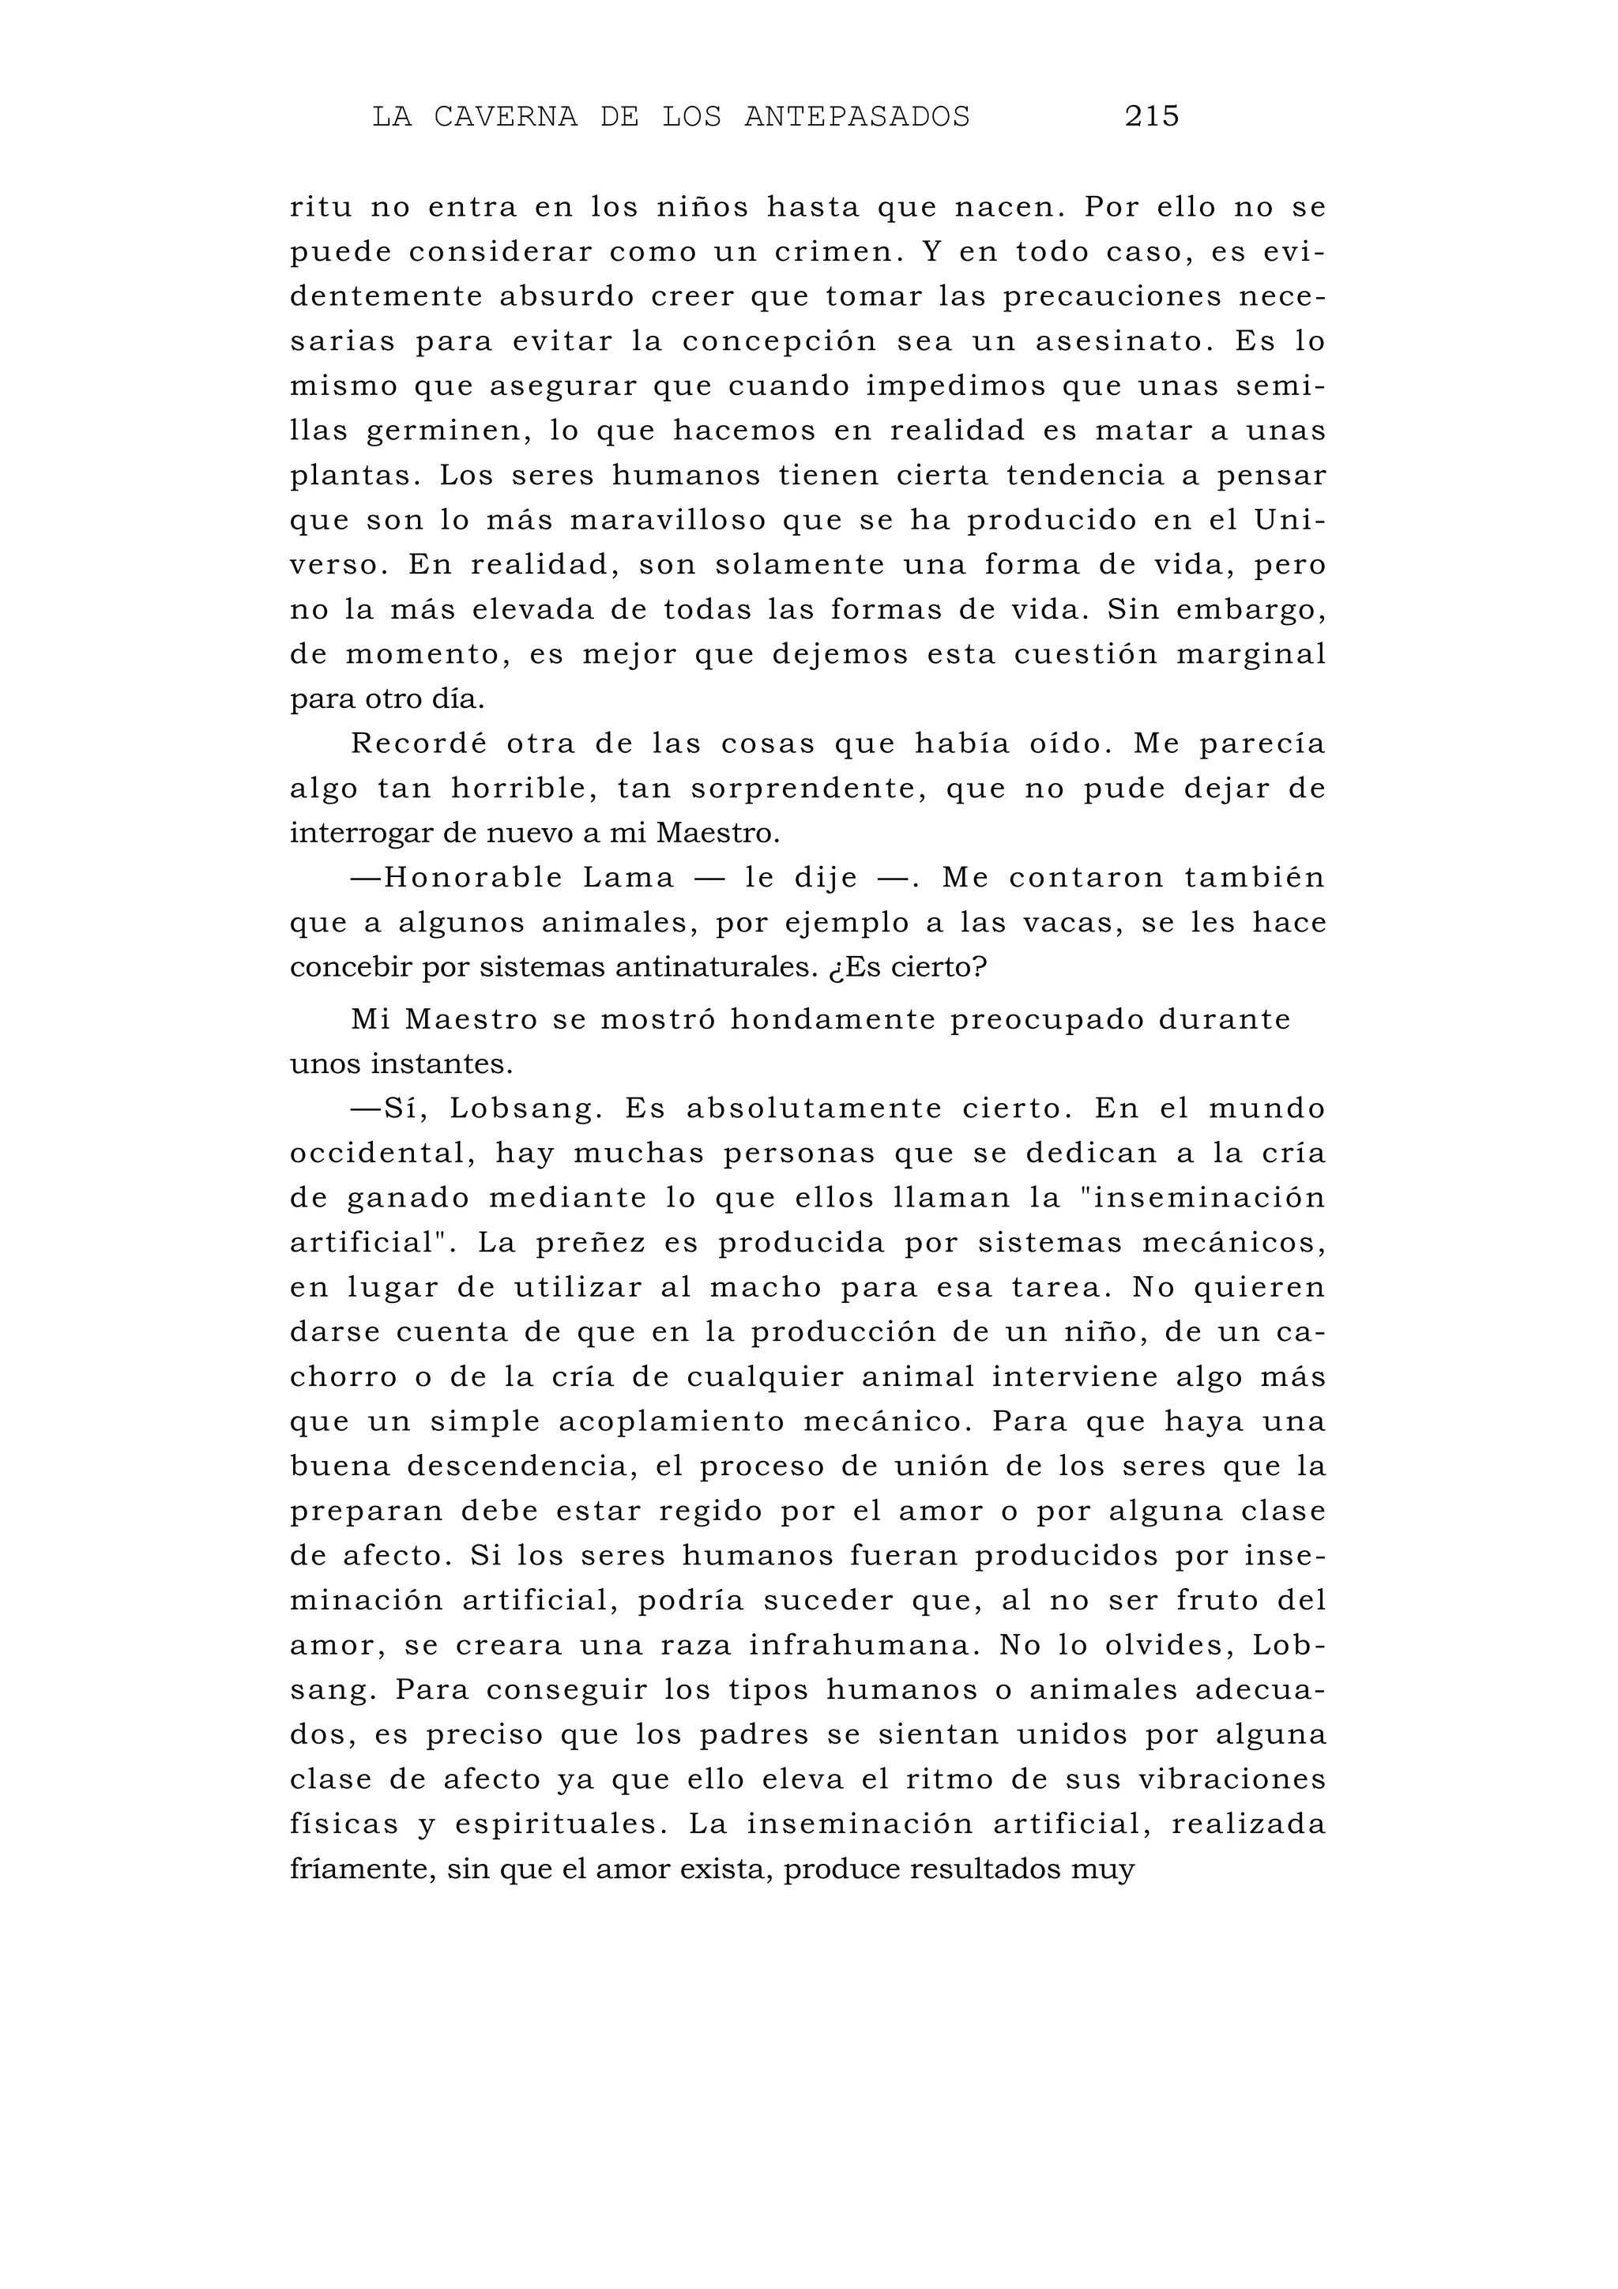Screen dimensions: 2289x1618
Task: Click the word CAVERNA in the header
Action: click(506, 117)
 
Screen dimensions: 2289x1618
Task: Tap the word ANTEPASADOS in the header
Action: click(856, 117)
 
